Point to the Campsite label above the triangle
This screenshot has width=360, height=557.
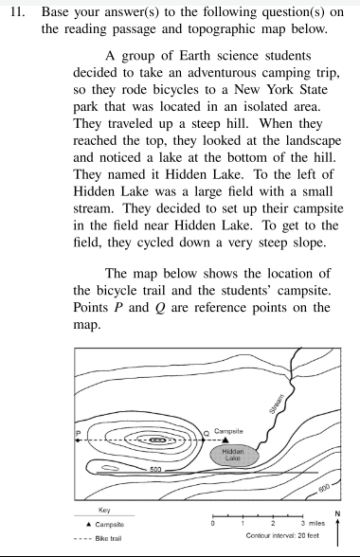click(233, 430)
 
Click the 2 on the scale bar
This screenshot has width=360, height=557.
click(272, 523)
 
